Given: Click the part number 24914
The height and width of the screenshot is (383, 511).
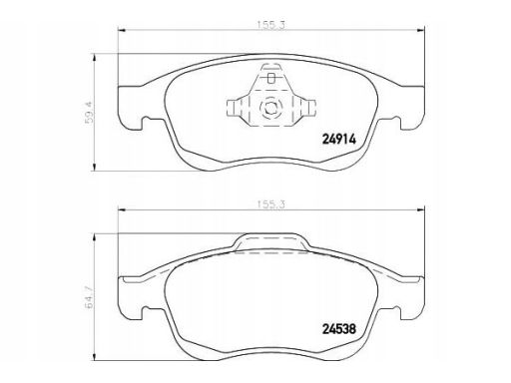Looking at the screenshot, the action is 339,139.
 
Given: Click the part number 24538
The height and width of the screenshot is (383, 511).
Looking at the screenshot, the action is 339,329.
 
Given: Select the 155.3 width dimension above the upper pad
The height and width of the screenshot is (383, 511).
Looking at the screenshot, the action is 271,25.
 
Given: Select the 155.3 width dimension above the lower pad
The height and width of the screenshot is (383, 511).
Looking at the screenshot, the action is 271,204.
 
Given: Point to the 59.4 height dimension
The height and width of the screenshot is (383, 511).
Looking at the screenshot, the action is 90,113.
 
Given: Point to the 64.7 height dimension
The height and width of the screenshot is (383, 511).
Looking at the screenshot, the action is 90,297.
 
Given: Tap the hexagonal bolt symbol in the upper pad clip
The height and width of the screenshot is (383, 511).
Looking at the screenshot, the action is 270,107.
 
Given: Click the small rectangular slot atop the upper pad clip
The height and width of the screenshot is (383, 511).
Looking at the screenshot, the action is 271,79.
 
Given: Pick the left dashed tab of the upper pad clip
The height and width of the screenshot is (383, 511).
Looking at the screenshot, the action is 235,108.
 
